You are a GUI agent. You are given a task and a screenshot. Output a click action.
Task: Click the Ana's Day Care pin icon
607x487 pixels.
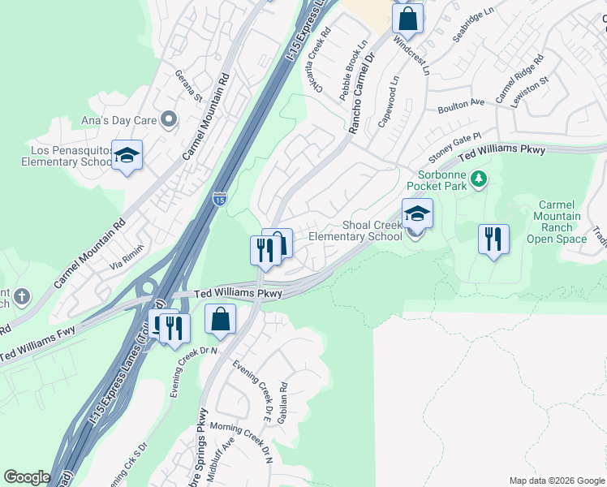[169, 120]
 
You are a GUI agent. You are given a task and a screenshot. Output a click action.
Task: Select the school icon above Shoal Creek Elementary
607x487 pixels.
[417, 213]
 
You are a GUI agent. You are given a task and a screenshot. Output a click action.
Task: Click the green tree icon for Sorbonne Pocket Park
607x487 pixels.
[479, 178]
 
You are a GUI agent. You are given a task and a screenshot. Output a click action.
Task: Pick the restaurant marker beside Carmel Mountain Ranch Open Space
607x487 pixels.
[493, 239]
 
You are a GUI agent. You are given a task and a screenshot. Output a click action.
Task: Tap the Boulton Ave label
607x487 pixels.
[460, 106]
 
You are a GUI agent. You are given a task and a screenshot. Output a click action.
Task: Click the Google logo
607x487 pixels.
[27, 477]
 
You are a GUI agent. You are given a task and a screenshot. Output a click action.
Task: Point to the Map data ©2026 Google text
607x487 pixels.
[556, 481]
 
